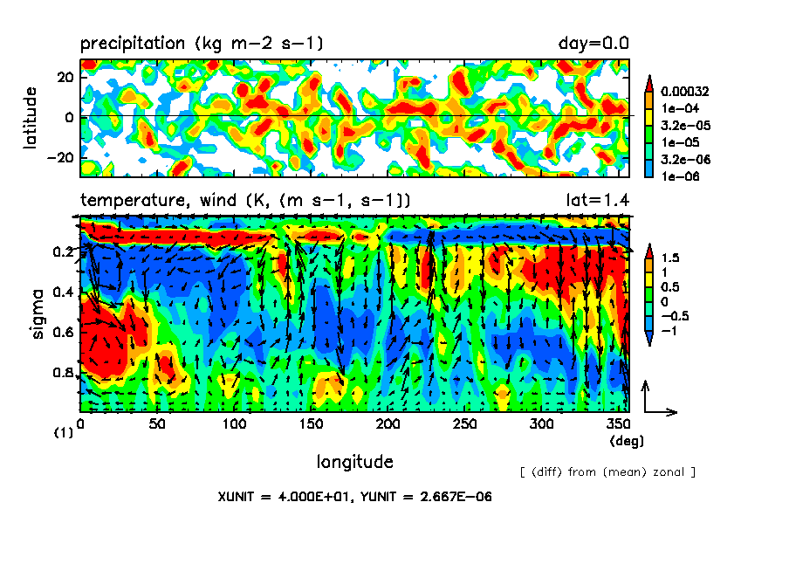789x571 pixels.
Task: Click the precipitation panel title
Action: (x=202, y=43)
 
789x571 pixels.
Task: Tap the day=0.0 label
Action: (x=593, y=43)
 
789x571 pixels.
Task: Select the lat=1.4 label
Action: (x=598, y=202)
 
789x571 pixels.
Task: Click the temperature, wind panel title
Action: (x=245, y=202)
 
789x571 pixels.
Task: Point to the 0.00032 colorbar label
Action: (x=685, y=91)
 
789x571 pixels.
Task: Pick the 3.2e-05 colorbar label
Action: (x=684, y=125)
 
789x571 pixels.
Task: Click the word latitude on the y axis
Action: (x=31, y=117)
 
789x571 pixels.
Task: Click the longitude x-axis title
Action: (x=354, y=462)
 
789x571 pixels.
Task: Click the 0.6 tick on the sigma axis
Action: (x=65, y=333)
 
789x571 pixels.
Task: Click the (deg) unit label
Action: (x=626, y=442)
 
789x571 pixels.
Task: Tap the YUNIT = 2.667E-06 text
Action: (x=424, y=497)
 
